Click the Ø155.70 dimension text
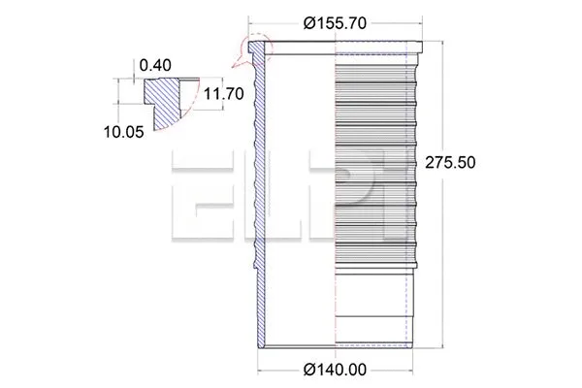pos(335,20)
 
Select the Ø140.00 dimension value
pos(334,370)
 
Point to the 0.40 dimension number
pos(154,65)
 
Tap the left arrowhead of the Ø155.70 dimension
pos(253,20)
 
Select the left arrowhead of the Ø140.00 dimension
pos(261,370)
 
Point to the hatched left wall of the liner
pos(258,194)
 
